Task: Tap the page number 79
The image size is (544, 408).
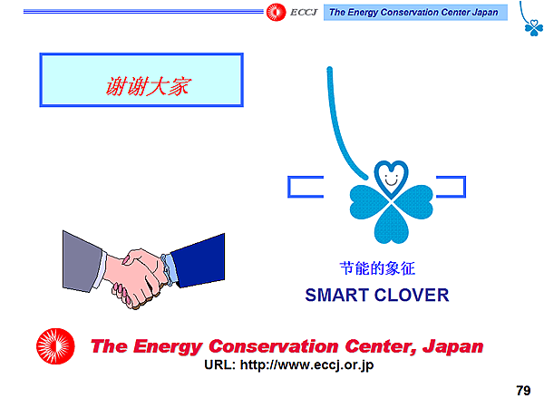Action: [522, 391]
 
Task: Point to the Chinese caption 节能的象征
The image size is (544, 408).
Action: [376, 268]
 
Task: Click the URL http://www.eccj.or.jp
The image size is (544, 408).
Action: [289, 365]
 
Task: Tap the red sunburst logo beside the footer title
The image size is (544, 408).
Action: [57, 348]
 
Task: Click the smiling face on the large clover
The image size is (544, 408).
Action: [391, 175]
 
